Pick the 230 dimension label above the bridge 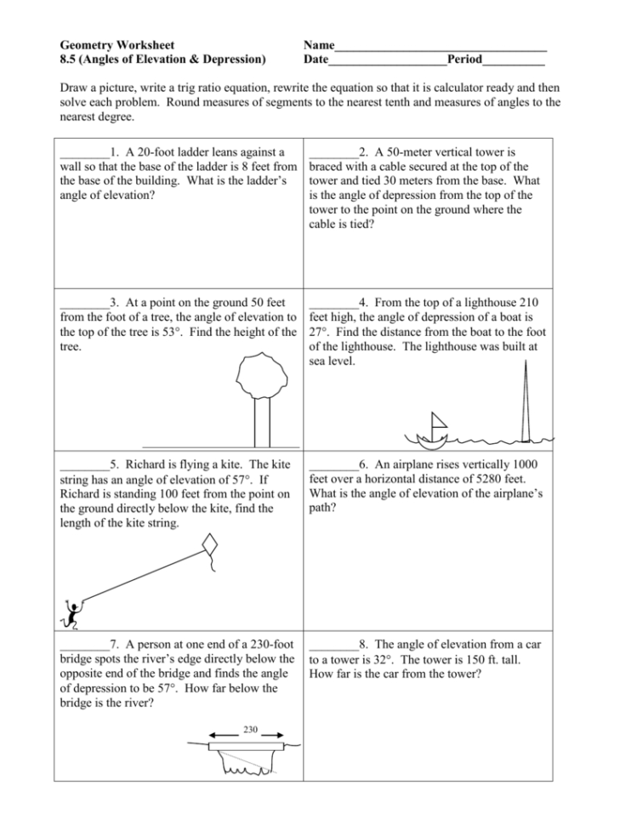(250, 730)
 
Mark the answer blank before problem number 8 (334, 646)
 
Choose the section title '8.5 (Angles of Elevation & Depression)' (162, 60)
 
